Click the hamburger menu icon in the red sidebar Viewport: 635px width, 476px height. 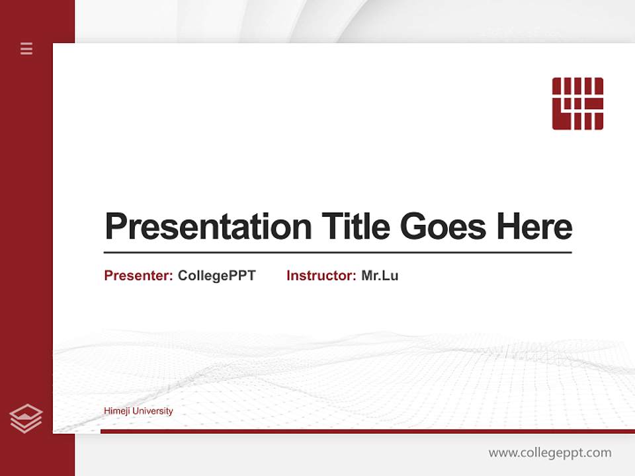26,48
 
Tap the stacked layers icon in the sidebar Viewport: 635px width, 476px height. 26,418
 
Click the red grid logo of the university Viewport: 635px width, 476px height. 577,104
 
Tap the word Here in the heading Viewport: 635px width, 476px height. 534,227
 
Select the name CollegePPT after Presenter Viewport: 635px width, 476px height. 216,276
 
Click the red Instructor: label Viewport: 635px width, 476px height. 321,276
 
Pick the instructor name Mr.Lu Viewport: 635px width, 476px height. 380,276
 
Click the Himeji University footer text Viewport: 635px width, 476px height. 138,411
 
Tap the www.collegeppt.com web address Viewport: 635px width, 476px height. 550,453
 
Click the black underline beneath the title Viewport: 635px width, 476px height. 337,253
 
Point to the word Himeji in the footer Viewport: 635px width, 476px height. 117,411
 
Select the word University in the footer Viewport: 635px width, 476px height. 153,411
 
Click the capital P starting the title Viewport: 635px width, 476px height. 116,227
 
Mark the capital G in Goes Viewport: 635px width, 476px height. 414,227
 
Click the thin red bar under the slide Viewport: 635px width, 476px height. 367,431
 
